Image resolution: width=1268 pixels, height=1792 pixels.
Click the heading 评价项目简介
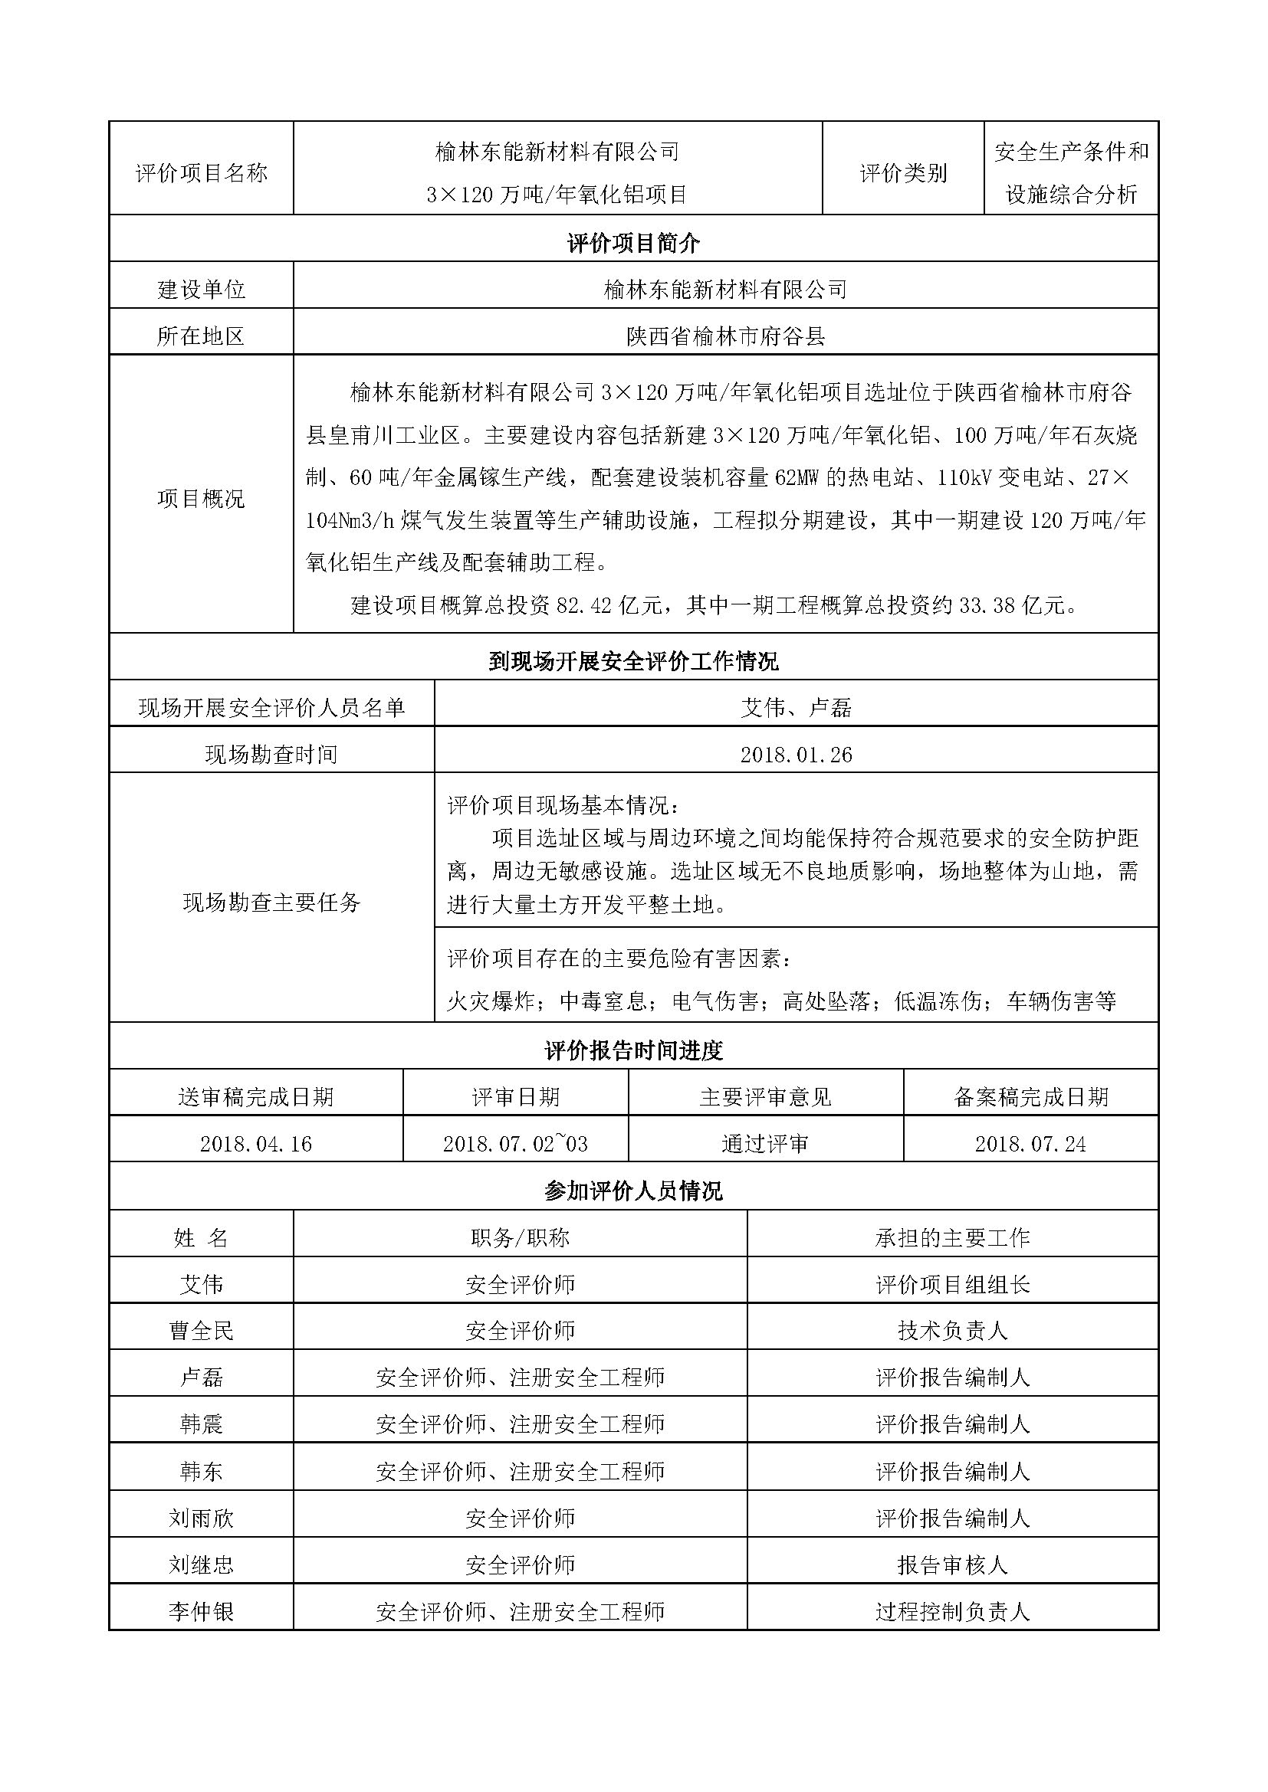[633, 244]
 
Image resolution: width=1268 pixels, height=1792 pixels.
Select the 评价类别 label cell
[903, 173]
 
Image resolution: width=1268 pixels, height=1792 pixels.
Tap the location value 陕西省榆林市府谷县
[725, 336]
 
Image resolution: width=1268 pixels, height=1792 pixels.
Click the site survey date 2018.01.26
[796, 755]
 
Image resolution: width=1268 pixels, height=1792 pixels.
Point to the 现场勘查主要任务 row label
[271, 903]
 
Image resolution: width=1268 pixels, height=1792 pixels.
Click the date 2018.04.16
[256, 1144]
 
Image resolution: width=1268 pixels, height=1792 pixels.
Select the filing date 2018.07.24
[1030, 1144]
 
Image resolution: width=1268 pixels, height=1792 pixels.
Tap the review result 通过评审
[765, 1144]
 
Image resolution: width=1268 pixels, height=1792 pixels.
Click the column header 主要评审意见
[765, 1097]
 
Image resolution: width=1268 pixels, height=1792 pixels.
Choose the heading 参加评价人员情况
[633, 1191]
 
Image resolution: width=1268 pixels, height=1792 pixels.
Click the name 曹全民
[202, 1331]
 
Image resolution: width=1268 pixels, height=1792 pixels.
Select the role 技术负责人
[953, 1331]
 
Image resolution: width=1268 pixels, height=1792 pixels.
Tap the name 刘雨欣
[202, 1518]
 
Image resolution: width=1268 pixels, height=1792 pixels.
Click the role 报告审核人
[953, 1565]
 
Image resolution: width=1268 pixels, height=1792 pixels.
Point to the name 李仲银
[202, 1612]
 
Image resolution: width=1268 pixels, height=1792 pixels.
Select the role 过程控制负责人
[953, 1612]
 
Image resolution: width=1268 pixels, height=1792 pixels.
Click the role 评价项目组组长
[953, 1285]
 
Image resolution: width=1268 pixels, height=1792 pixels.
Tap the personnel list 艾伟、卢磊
[796, 708]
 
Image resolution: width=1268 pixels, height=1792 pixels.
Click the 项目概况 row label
[202, 498]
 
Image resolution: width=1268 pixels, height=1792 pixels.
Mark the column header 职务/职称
[520, 1238]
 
